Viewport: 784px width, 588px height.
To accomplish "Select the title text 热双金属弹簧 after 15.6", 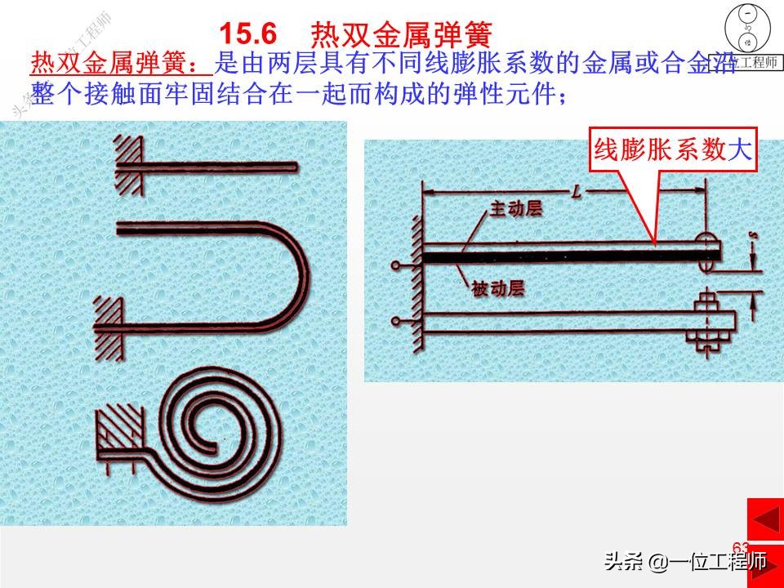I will [402, 33].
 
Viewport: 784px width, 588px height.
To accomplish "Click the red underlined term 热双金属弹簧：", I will [121, 63].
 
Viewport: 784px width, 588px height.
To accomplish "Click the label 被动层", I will [497, 288].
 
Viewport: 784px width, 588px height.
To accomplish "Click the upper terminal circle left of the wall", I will [396, 265].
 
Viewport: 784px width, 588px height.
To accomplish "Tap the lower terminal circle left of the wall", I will [396, 321].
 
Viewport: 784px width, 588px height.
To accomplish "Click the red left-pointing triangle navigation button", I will [765, 519].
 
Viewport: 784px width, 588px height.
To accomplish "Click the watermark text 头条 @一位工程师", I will [685, 562].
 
